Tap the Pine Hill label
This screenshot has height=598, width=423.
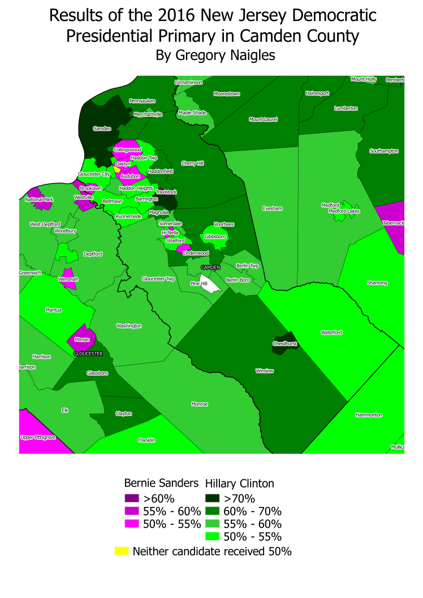(199, 283)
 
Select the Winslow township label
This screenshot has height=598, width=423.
(265, 371)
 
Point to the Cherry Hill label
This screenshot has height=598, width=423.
(192, 164)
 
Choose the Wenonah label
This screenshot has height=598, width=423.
(68, 279)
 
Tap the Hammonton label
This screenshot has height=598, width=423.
(369, 415)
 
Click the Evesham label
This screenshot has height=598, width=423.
(272, 208)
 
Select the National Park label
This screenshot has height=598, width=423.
(39, 200)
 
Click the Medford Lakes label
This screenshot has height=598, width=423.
(344, 211)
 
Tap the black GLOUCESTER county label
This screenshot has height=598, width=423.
(88, 354)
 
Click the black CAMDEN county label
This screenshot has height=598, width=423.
(210, 266)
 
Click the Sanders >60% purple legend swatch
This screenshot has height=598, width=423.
(131, 499)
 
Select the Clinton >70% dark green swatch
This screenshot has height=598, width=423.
(213, 499)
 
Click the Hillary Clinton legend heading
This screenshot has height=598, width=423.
(239, 484)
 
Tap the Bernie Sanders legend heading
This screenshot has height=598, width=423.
(161, 483)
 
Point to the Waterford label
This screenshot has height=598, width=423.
(331, 333)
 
